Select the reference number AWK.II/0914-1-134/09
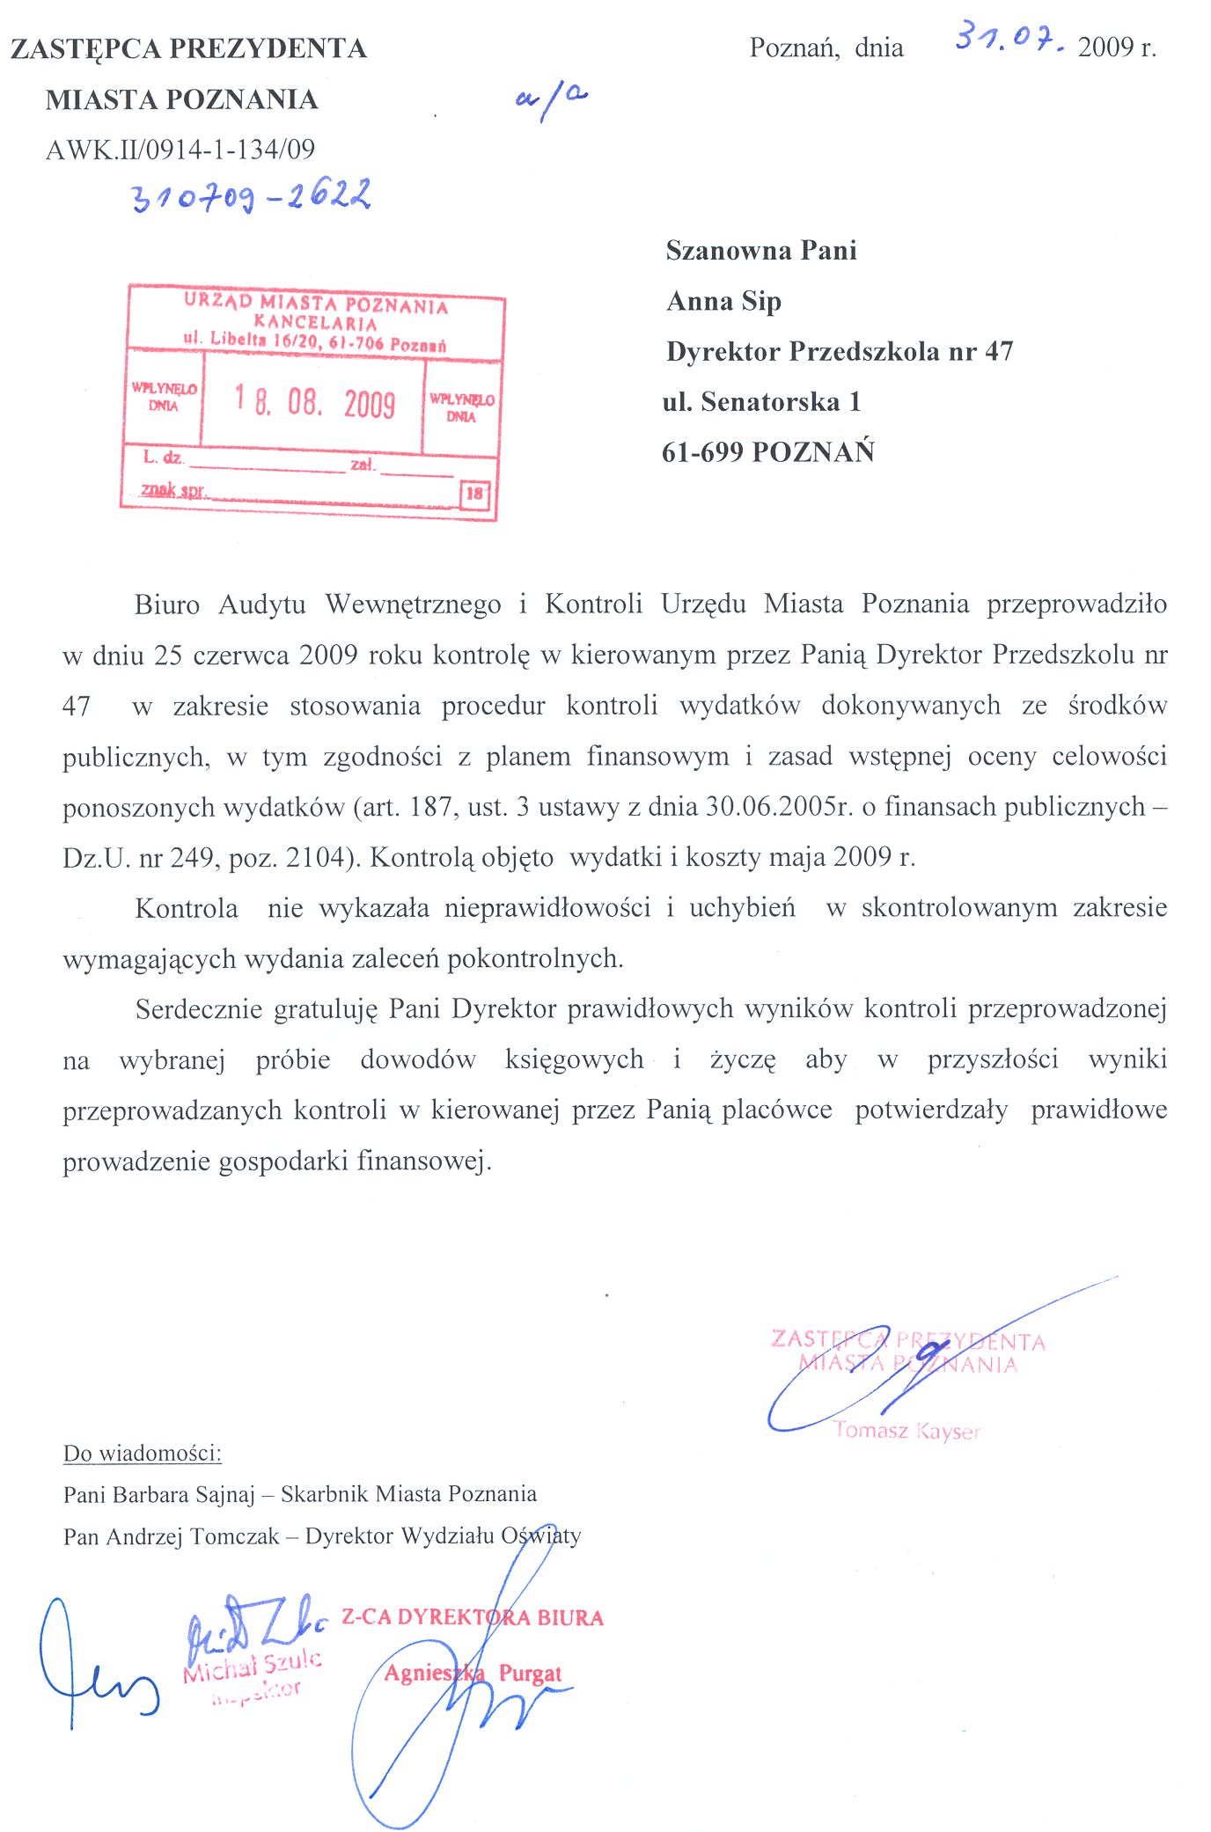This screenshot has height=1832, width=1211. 180,150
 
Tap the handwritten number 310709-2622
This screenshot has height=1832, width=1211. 252,196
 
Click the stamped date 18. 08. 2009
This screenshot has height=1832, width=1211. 315,402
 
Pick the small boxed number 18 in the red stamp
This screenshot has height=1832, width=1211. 474,494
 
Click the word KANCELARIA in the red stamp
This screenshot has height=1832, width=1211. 315,323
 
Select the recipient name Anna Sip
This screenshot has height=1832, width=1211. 723,302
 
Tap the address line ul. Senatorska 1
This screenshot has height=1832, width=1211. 761,402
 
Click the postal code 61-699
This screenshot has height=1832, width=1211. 702,452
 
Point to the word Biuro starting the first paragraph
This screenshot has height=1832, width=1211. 167,605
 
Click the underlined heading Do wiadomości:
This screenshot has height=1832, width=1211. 143,1454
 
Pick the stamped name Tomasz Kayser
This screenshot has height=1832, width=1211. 906,1431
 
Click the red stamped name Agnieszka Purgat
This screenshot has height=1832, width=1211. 473,1673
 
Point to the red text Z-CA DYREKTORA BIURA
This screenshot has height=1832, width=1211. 473,1617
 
